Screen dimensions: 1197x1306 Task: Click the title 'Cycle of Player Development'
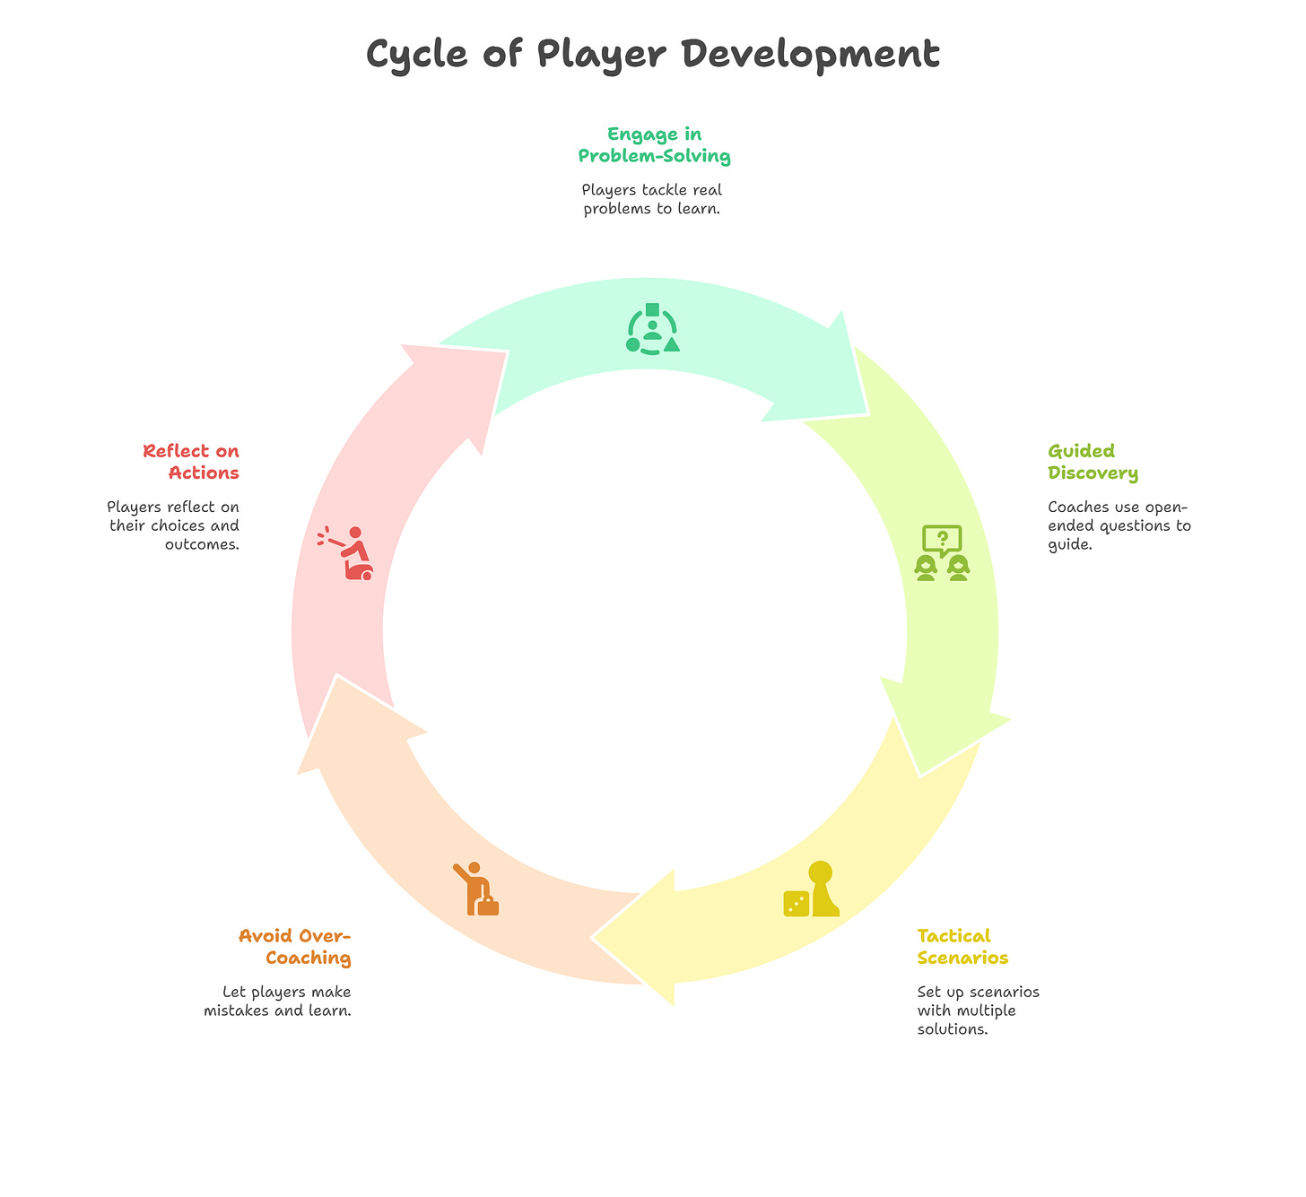point(653,55)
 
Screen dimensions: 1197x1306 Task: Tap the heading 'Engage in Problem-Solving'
point(654,145)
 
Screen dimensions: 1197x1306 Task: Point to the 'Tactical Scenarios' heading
point(962,947)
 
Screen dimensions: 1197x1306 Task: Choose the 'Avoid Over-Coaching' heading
point(295,947)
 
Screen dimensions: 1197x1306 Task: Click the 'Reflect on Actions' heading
point(191,462)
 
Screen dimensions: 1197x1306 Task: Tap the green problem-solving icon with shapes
point(652,329)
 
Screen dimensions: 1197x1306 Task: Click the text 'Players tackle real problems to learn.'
point(652,200)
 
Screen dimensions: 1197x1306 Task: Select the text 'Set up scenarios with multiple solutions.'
point(978,1011)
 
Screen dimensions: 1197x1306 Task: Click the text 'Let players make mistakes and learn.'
point(278,1002)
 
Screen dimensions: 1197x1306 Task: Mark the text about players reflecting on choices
point(174,525)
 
